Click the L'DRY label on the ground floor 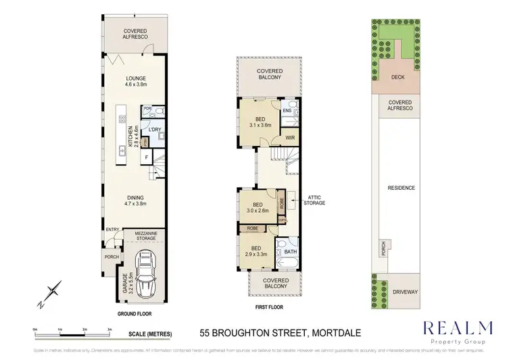[155, 129]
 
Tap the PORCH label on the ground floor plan [112, 257]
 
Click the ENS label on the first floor [287, 111]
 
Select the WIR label [290, 138]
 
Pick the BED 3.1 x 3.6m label [260, 122]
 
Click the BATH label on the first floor [291, 253]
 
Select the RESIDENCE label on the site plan [402, 188]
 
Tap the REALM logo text [457, 328]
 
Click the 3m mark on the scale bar [110, 328]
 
